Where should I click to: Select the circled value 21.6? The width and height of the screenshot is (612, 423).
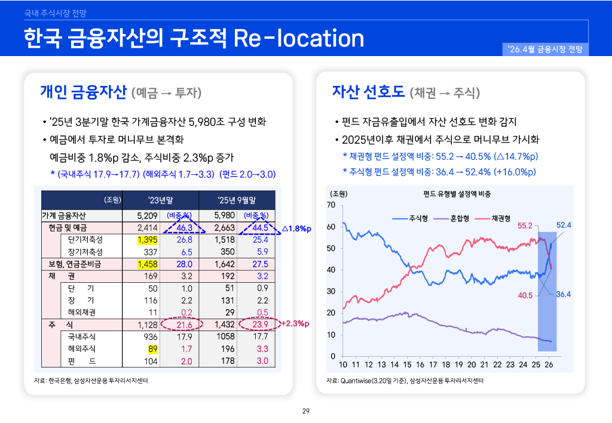click(x=186, y=325)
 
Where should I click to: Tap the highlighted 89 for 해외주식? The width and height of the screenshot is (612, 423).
click(x=152, y=348)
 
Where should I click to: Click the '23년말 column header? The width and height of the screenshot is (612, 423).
click(x=161, y=199)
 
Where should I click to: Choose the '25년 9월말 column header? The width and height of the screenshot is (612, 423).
click(x=237, y=199)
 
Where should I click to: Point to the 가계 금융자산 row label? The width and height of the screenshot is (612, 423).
click(x=64, y=215)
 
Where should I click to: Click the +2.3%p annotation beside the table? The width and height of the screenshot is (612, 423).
click(x=295, y=324)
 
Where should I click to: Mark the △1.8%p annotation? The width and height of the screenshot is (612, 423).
click(x=297, y=228)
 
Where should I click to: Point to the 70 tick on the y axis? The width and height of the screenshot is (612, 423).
click(x=331, y=205)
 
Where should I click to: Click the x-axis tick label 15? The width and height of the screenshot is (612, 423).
click(x=407, y=365)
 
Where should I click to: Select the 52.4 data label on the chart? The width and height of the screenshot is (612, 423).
click(x=564, y=225)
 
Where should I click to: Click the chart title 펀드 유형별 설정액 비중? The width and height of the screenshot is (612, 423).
click(x=457, y=194)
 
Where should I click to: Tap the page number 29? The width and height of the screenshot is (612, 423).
click(x=306, y=411)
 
